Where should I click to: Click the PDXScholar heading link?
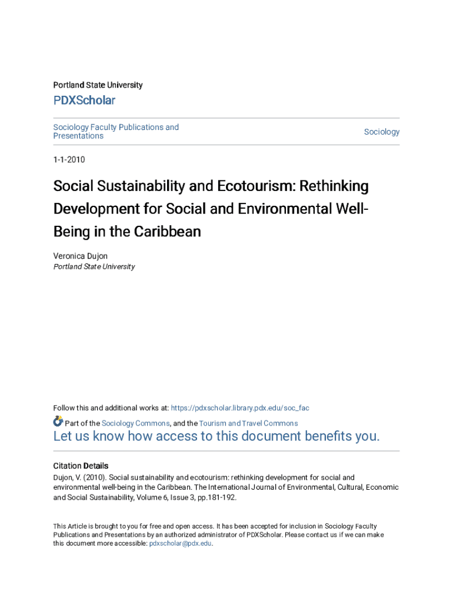coord(84,101)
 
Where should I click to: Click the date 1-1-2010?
coord(69,159)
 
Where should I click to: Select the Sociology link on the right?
coord(381,132)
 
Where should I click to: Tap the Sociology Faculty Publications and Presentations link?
coord(116,132)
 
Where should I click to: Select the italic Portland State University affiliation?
coord(94,267)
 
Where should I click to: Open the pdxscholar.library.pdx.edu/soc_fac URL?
coord(240,408)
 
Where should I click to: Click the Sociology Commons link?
coord(136,423)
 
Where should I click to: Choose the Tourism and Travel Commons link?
coord(248,423)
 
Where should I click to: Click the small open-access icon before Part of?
coord(58,422)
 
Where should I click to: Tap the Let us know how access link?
coord(216,436)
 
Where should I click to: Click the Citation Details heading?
coord(81,466)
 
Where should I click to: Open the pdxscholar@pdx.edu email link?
coord(180,544)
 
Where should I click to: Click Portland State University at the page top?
coord(98,85)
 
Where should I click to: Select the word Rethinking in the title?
coord(334,186)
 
